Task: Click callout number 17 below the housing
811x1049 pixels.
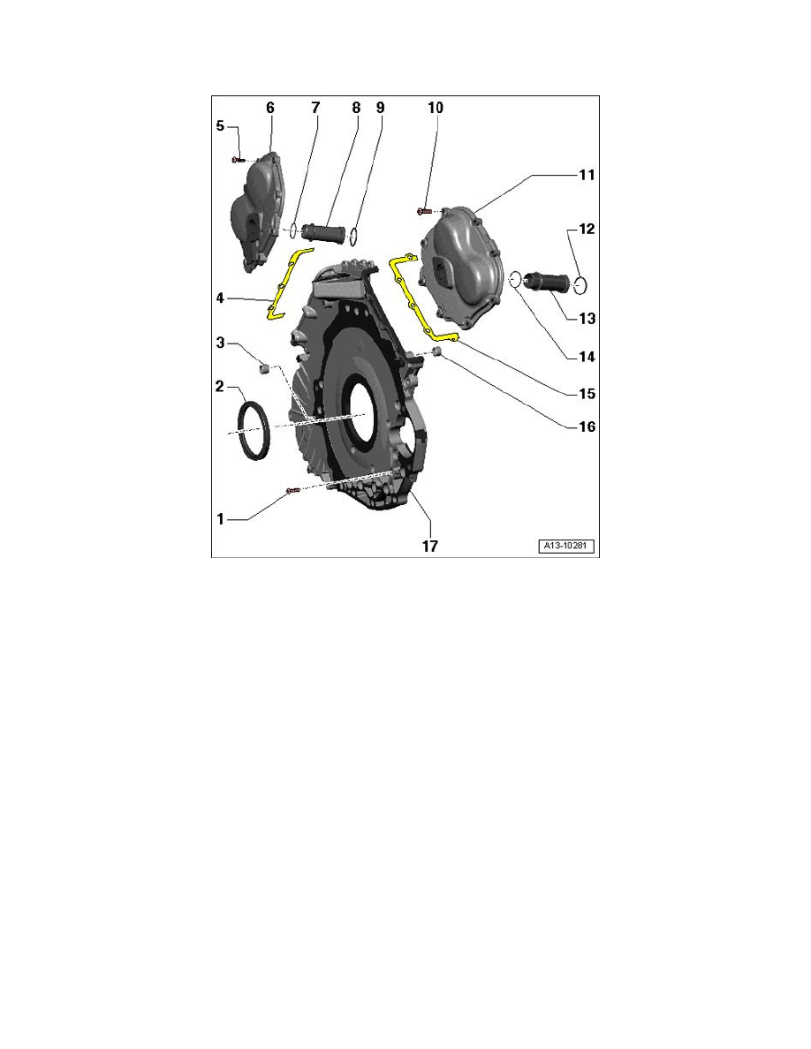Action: click(429, 546)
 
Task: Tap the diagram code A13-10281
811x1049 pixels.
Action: click(567, 546)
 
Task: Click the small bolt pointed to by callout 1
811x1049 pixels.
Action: click(292, 491)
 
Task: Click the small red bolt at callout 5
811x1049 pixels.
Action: click(238, 160)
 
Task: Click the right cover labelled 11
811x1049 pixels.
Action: click(462, 267)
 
